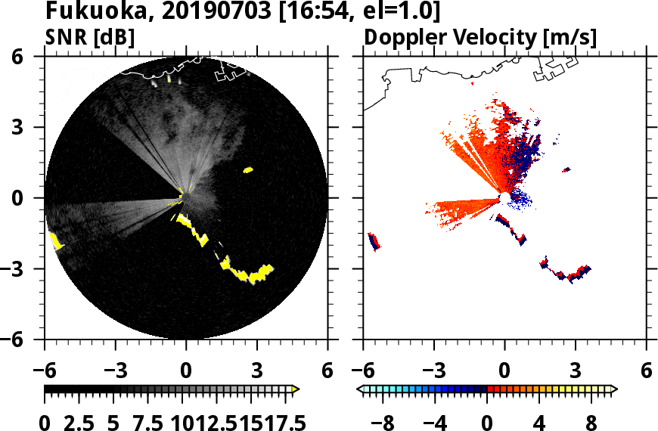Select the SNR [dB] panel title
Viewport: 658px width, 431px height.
90,36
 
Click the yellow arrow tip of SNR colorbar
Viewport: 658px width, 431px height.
296,389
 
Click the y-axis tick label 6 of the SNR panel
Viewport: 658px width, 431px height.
27,57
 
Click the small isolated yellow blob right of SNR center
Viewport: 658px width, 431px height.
247,170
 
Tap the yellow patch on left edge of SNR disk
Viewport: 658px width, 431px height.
55,241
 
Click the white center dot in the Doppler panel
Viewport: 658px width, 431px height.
504,198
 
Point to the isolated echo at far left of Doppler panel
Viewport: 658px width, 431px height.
373,240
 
